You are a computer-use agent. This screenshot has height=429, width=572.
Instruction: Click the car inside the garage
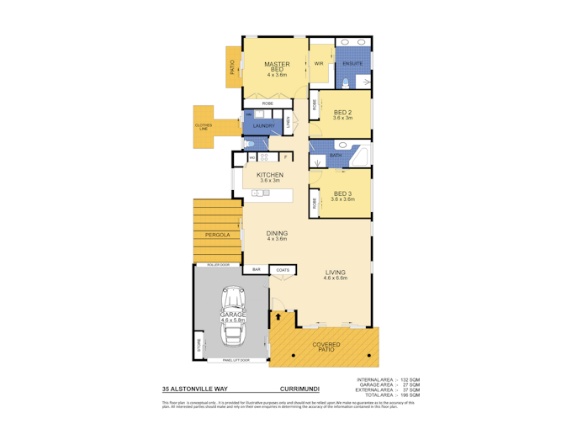point(231,318)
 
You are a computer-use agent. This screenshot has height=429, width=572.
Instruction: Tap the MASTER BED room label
point(277,65)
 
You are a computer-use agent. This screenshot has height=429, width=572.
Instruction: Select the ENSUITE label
point(352,63)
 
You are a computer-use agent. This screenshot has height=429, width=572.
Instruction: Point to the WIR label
point(319,64)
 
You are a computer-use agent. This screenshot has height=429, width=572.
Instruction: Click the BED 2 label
point(342,114)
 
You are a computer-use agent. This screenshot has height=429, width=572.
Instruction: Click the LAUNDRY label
point(264,126)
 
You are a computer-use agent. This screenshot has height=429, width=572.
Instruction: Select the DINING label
point(277,234)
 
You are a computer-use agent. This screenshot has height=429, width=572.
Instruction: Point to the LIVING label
point(335,273)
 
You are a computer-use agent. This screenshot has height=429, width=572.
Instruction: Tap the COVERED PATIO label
point(326,346)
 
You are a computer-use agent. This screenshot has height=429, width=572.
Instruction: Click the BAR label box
point(257,269)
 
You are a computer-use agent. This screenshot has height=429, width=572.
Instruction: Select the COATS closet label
point(283,269)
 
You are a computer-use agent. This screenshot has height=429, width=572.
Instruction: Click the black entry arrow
point(276,319)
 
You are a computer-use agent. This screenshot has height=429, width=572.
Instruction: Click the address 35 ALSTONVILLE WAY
point(193,389)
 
